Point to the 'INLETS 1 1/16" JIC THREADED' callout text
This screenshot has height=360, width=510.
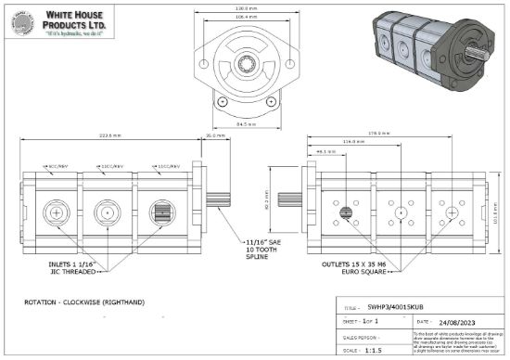(x=72, y=268)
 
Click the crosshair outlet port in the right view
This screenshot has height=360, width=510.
(x=452, y=213)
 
